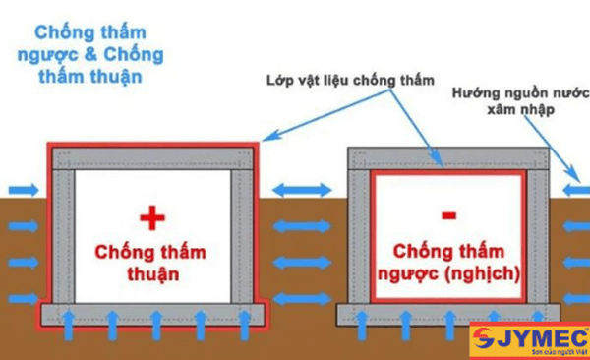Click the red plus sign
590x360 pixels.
[x=150, y=216]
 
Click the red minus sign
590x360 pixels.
[x=449, y=214]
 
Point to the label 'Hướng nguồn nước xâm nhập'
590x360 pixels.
[x=517, y=102]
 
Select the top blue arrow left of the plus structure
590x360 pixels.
[x=24, y=189]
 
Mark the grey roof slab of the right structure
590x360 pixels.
[x=448, y=157]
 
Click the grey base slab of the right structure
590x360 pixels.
[x=448, y=315]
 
